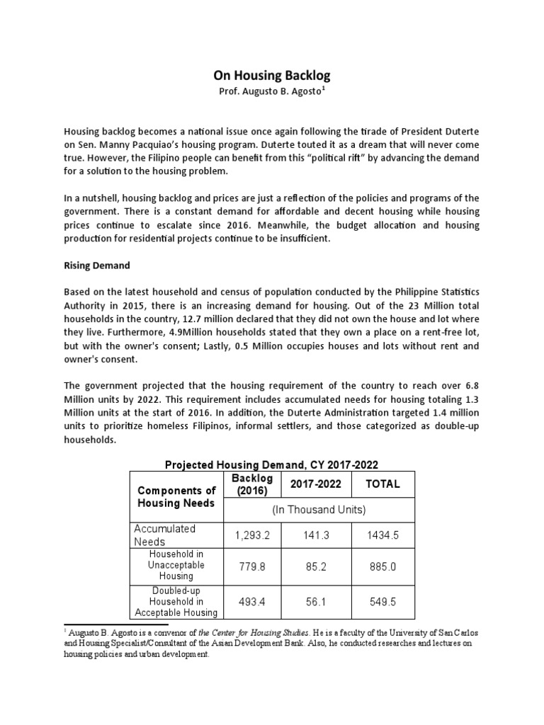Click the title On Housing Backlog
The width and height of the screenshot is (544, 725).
click(x=272, y=75)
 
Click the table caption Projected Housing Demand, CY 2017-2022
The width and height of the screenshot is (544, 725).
click(x=272, y=464)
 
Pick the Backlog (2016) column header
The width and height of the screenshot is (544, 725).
click(x=251, y=484)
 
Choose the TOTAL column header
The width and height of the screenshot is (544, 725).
click(x=382, y=484)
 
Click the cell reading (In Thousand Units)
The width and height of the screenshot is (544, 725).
click(x=318, y=510)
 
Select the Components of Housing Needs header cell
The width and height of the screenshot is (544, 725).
click(x=176, y=496)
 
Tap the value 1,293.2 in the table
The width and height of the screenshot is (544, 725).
click(x=251, y=535)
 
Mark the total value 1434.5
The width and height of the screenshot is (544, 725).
click(x=382, y=535)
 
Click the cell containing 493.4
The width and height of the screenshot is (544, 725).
click(x=251, y=601)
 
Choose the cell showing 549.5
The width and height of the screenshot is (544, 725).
click(x=382, y=601)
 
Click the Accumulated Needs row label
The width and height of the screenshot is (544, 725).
click(x=165, y=535)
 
